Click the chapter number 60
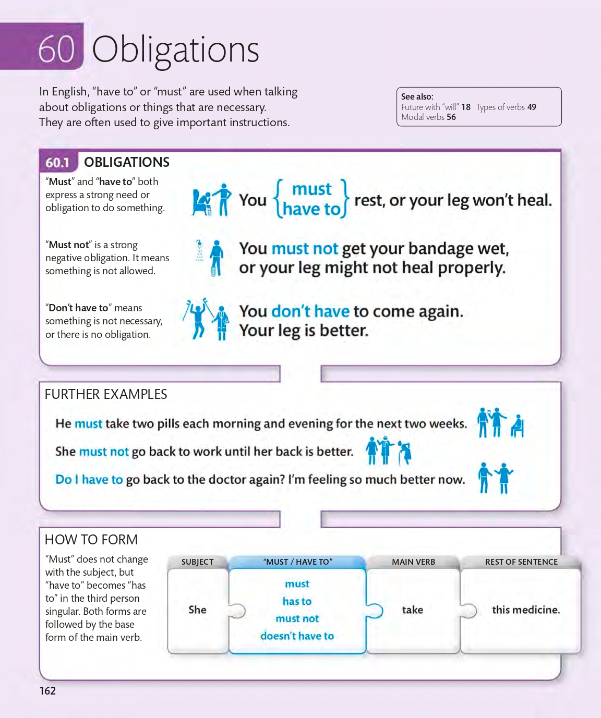[56, 49]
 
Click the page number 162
[47, 690]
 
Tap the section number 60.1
[57, 162]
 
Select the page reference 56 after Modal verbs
[451, 117]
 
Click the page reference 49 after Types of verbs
[532, 107]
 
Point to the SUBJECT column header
[197, 562]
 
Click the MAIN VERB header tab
[413, 562]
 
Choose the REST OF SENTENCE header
[521, 562]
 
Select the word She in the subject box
[197, 610]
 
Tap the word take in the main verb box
[412, 610]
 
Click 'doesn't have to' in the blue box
[297, 636]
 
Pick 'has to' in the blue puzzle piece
[297, 601]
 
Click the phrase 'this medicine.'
[526, 610]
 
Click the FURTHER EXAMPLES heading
[106, 394]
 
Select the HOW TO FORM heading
[91, 540]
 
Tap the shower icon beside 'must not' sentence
[199, 250]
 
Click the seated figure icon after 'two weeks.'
[517, 426]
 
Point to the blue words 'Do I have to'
[89, 480]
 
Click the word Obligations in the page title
[175, 50]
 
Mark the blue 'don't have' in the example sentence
[310, 311]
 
